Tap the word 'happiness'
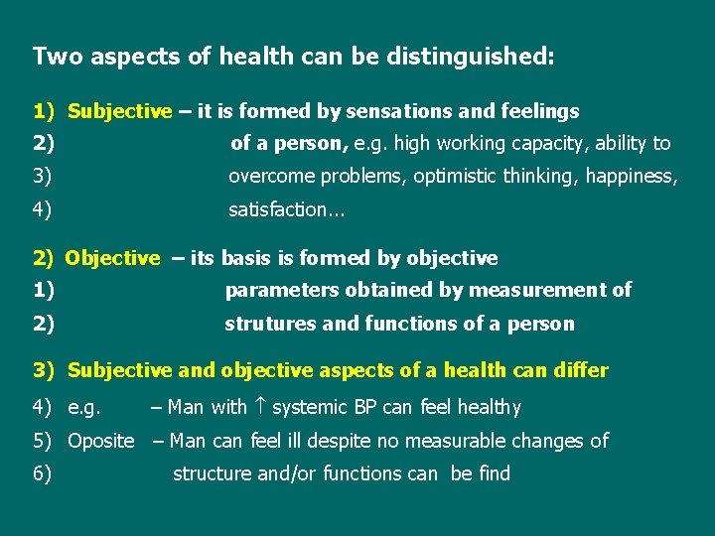[632, 177]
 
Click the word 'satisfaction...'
[279, 209]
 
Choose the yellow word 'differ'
[579, 370]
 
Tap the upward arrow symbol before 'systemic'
[259, 407]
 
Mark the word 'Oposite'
[100, 441]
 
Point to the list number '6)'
[43, 473]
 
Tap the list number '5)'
[43, 441]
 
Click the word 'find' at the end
[494, 473]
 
